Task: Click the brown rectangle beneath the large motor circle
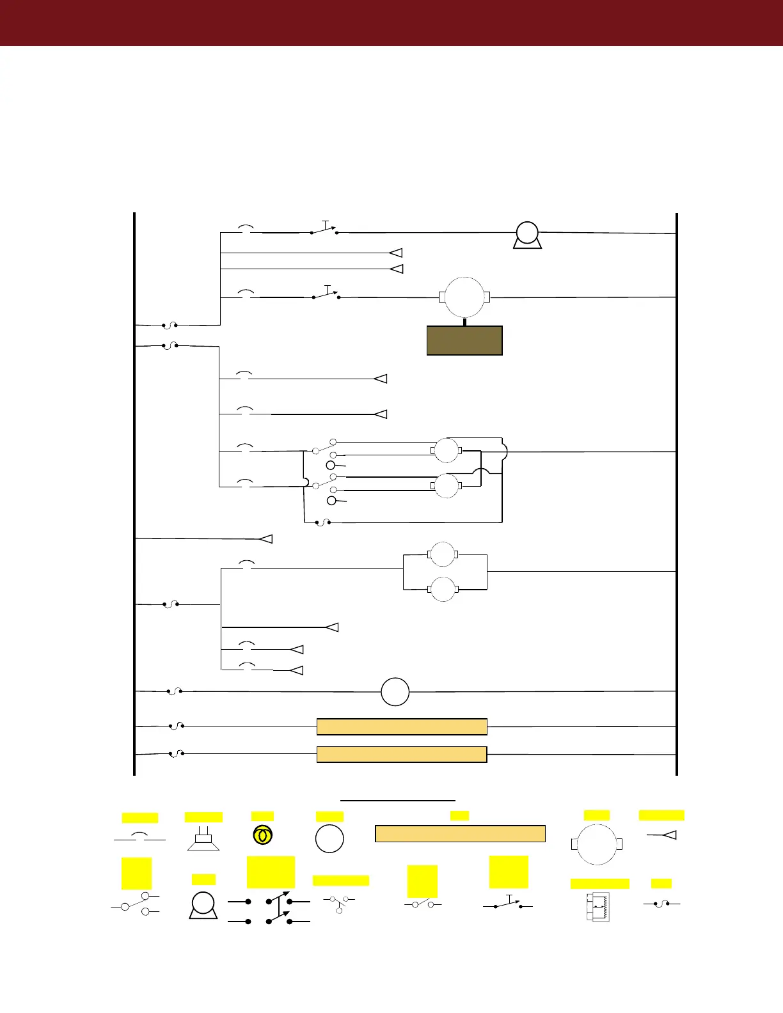click(x=464, y=340)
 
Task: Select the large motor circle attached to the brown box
click(x=464, y=297)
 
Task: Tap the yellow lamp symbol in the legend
click(x=262, y=835)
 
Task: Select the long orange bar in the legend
click(x=460, y=833)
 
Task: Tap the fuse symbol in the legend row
click(x=661, y=904)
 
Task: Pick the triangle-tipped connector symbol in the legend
click(x=663, y=835)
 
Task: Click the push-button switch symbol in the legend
click(x=509, y=905)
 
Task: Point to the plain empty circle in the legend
click(x=329, y=839)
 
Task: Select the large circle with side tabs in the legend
click(x=596, y=844)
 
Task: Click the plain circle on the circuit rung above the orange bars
click(x=395, y=691)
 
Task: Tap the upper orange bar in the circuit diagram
click(x=402, y=726)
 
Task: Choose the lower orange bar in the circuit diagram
click(x=402, y=755)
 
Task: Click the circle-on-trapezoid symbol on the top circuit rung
click(x=527, y=235)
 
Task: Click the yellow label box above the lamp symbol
click(x=262, y=816)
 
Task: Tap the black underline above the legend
click(x=397, y=799)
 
